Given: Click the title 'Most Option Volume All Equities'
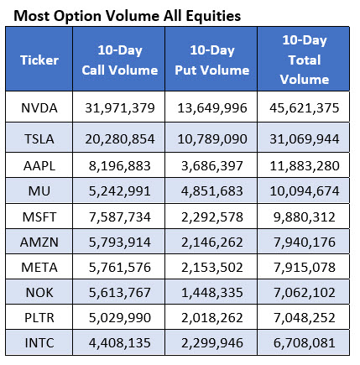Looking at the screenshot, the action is point(128,16).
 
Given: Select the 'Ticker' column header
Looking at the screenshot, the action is point(39,60).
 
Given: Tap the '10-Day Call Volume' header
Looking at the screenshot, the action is point(120,60).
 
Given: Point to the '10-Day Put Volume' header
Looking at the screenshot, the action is point(212,60).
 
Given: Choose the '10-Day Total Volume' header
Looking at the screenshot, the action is point(305,60).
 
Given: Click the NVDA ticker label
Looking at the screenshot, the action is point(39,108).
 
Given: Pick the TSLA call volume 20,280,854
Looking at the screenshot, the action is point(120,139).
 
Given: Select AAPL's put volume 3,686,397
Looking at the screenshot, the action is point(212,166).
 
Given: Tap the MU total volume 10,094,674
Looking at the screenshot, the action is point(305,191).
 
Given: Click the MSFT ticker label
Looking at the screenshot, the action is point(39,217).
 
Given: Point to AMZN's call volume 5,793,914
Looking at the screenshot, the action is point(120,242).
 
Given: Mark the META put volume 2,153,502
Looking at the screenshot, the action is point(212,268).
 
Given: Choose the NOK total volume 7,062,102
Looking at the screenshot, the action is point(305,293).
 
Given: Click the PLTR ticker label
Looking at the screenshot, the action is point(39,318).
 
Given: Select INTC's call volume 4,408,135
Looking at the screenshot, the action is point(120,343).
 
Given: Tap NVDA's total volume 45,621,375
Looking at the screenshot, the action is point(305,108).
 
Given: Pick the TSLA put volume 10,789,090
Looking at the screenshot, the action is point(212,139).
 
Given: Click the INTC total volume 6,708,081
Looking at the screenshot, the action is point(305,343).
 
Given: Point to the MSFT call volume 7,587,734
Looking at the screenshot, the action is point(120,217).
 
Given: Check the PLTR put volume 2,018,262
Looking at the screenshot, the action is point(212,318).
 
